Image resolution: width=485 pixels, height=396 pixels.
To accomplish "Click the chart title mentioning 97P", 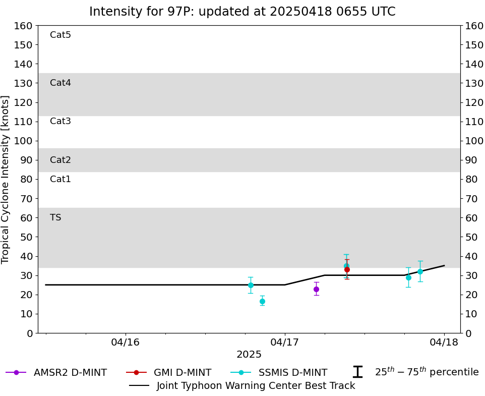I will click(x=242, y=12).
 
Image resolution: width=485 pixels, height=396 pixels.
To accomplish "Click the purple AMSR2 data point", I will click(x=316, y=289).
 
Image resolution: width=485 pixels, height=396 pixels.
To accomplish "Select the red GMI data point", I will click(x=347, y=269).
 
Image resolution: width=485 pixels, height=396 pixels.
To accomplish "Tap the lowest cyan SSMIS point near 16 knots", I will click(x=262, y=301).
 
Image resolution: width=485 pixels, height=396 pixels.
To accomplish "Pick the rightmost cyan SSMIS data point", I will click(x=420, y=271).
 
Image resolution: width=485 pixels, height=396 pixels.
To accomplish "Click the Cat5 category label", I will click(x=60, y=35).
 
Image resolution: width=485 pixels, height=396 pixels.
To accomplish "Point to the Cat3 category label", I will click(x=60, y=121).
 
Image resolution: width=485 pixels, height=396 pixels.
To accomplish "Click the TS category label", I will click(x=55, y=217).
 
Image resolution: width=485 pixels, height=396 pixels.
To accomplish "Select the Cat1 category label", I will click(x=60, y=179).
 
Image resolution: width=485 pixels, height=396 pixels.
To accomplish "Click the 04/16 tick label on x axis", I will click(x=126, y=343).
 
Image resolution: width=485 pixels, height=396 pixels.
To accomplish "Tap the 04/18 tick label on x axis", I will click(x=444, y=343).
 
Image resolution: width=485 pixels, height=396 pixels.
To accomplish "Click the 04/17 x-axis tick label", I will click(x=285, y=343).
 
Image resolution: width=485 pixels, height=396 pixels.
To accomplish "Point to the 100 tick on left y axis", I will click(x=24, y=141).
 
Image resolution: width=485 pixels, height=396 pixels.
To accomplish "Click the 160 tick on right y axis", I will click(x=474, y=26).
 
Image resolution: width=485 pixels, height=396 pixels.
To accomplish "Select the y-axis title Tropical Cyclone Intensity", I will click(x=6, y=179).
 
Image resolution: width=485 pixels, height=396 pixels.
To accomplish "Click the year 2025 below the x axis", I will click(x=249, y=355).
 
